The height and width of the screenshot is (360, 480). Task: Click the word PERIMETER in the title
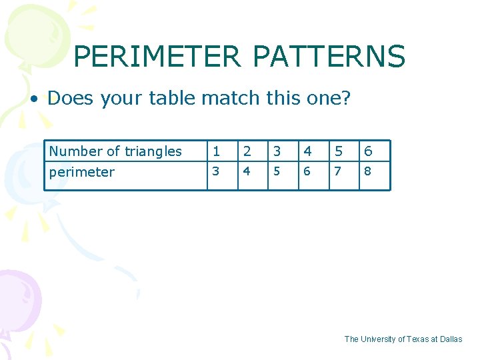(157, 57)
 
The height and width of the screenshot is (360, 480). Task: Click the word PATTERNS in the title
(329, 57)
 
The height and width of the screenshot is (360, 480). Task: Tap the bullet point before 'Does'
(33, 99)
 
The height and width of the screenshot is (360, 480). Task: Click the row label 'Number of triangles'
(115, 151)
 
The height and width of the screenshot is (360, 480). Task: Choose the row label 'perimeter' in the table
(82, 172)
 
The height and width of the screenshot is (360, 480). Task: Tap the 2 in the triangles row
(246, 151)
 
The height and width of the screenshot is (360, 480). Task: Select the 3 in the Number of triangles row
(277, 151)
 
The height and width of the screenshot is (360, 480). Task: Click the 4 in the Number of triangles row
(307, 151)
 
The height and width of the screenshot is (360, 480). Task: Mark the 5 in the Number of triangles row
(337, 151)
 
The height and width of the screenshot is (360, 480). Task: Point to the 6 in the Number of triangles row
(368, 151)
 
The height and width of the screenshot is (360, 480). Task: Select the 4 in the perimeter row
(246, 171)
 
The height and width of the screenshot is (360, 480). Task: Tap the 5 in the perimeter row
(277, 171)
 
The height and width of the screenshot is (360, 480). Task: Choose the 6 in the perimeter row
(307, 171)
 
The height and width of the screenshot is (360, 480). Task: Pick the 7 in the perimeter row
(337, 171)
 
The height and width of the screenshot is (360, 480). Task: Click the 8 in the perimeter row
(368, 171)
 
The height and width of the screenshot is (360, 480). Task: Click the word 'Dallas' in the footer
(451, 339)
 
